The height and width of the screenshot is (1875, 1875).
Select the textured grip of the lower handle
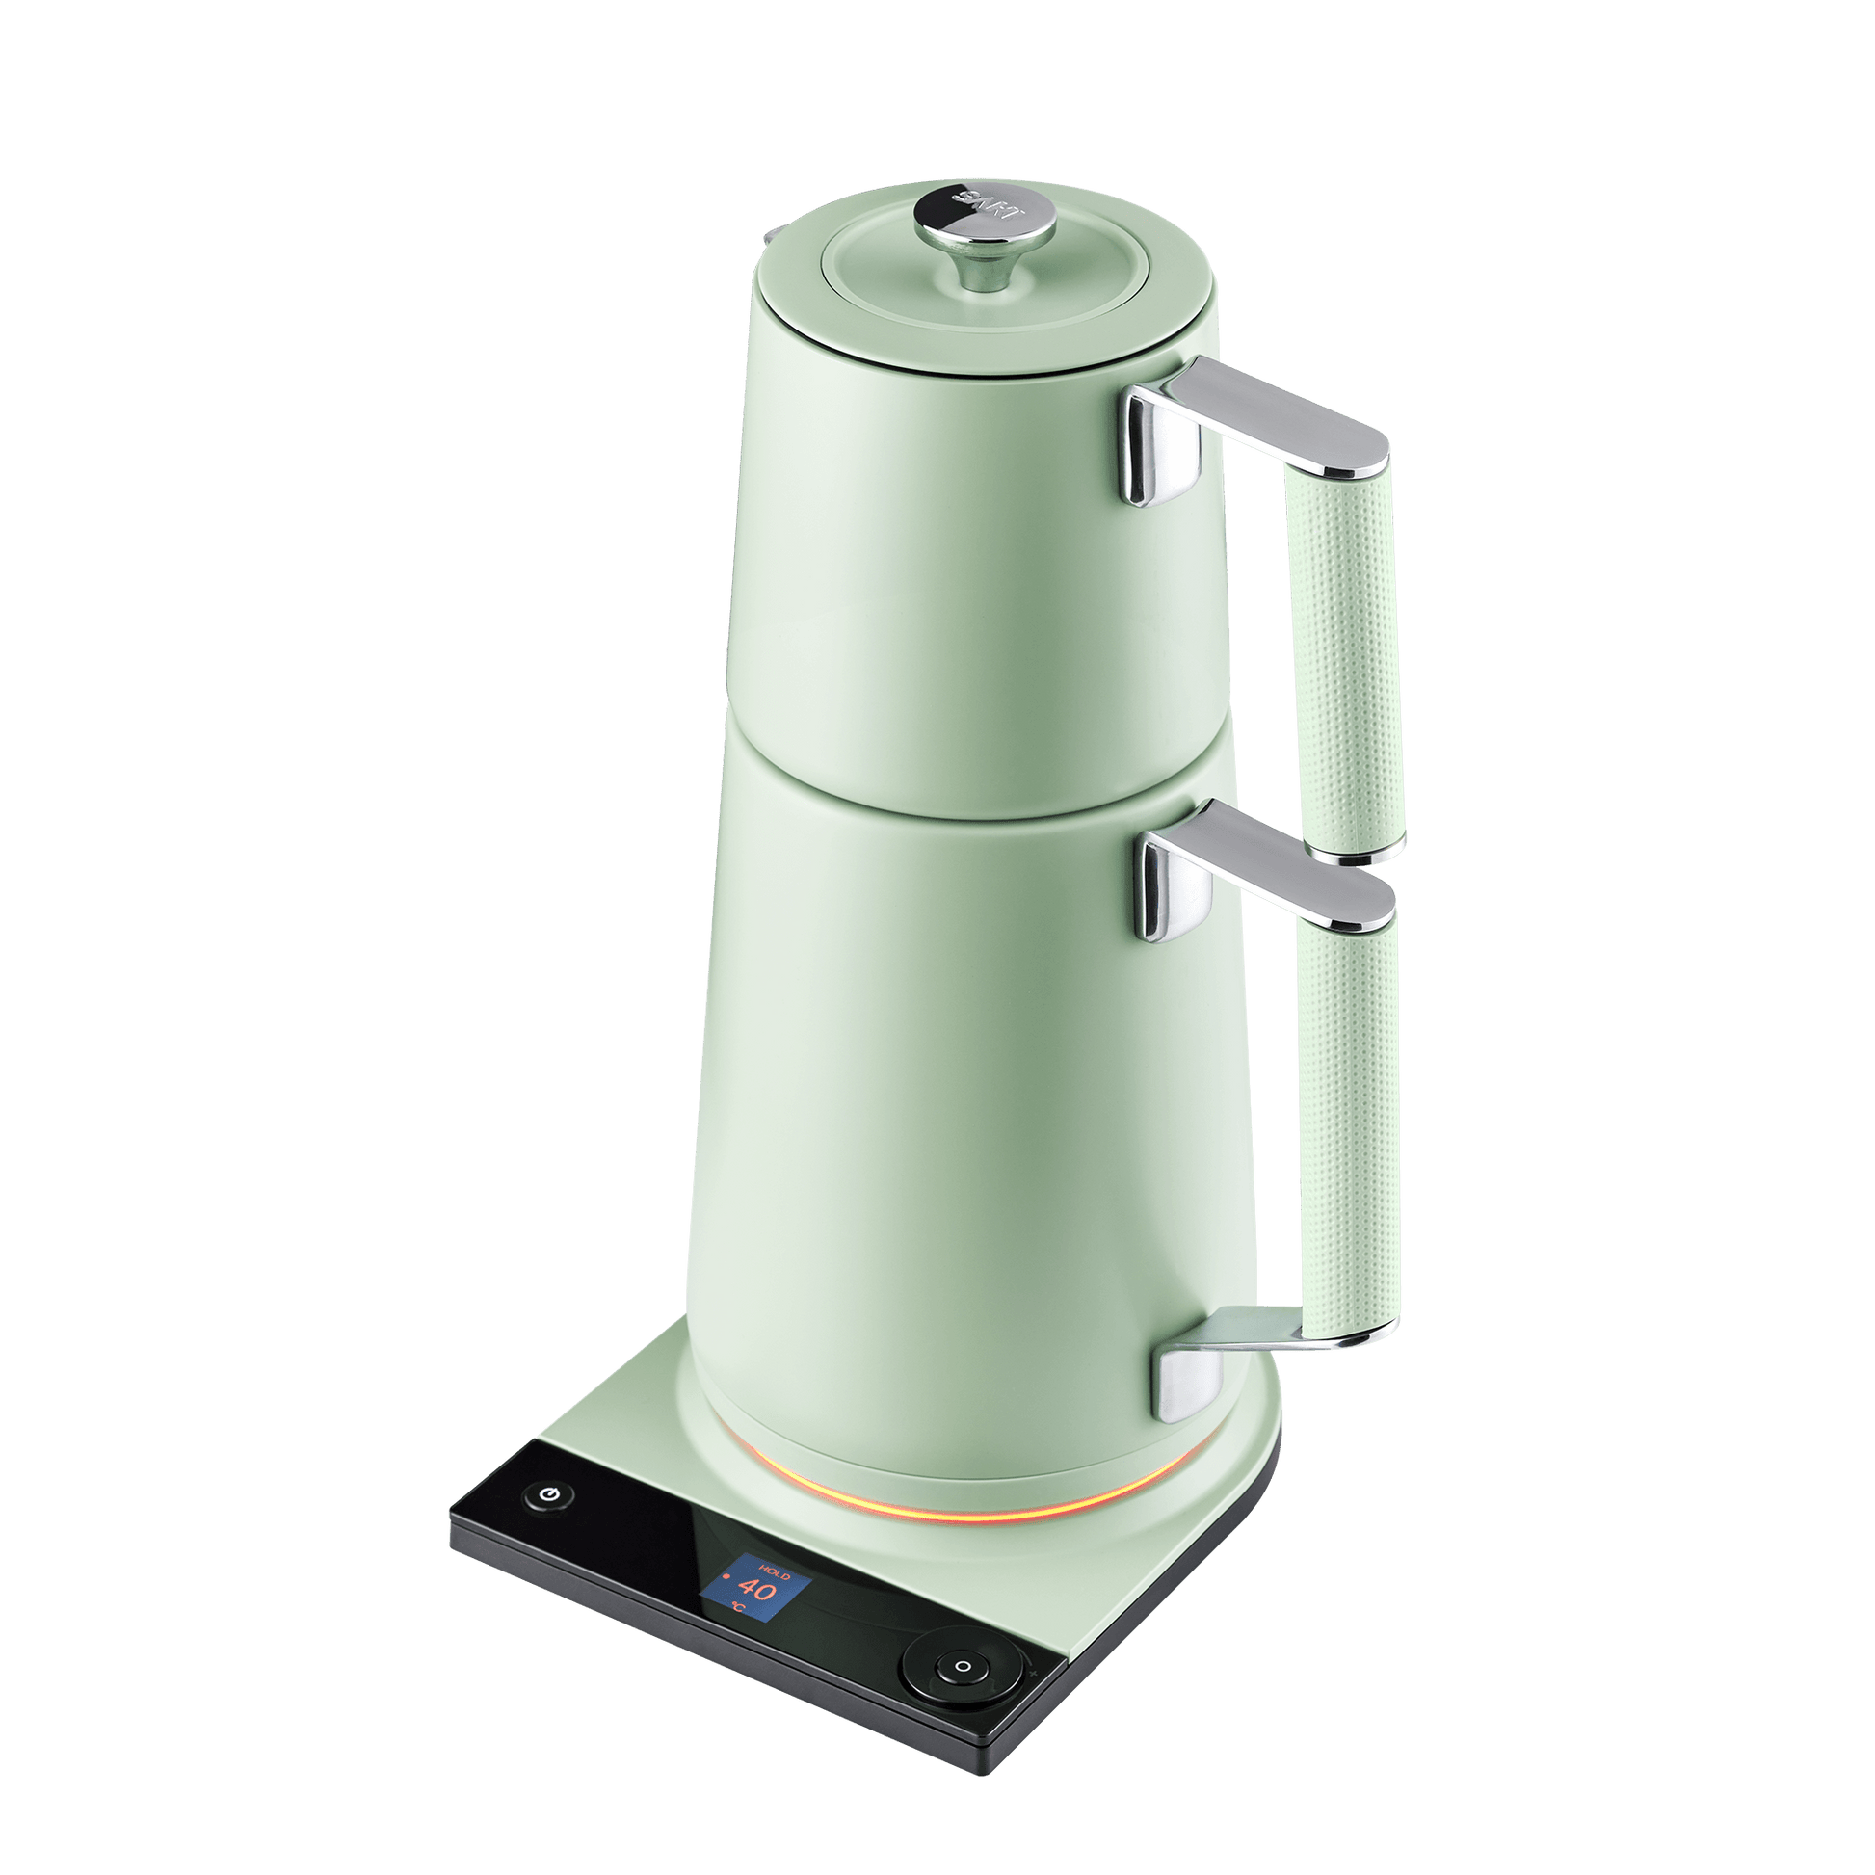click(1351, 1125)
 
